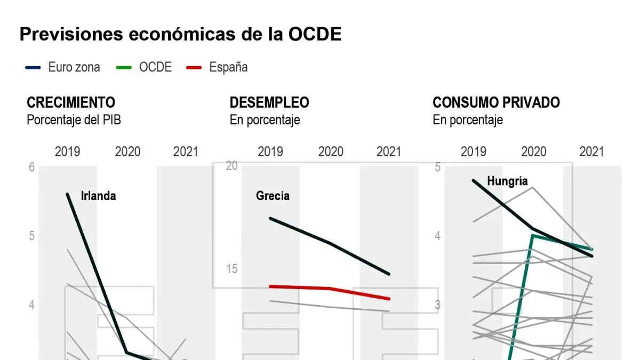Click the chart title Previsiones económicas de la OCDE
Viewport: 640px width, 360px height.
[180, 34]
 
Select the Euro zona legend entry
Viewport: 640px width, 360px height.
[63, 67]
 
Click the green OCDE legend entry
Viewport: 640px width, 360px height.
[145, 67]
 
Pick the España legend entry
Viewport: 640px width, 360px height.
[217, 67]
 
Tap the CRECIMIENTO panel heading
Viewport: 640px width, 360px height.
[71, 102]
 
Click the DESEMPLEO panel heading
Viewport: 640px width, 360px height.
[269, 102]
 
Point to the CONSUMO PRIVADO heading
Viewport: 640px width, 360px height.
[496, 102]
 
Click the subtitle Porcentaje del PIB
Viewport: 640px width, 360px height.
[74, 120]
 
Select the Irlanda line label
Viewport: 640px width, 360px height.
[98, 196]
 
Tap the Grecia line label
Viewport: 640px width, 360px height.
[273, 196]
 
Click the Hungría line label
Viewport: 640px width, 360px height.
[507, 181]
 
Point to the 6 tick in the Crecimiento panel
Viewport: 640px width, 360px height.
[32, 167]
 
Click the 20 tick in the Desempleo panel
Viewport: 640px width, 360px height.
[231, 166]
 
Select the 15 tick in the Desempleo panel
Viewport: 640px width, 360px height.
[231, 269]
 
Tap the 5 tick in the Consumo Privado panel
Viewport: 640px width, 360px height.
[437, 167]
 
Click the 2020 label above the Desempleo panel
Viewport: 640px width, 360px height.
[331, 151]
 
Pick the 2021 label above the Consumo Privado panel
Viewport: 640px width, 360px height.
[591, 151]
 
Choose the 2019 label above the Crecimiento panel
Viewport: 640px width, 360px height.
[67, 151]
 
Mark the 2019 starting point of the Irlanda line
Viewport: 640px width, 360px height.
[68, 194]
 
